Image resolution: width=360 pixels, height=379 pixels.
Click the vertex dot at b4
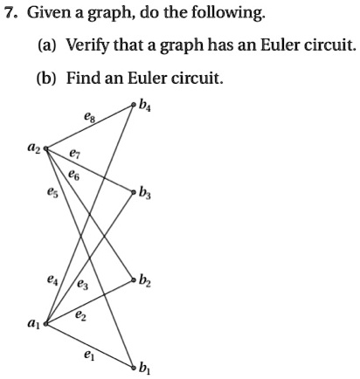(134, 105)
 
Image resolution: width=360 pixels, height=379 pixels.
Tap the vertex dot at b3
(134, 192)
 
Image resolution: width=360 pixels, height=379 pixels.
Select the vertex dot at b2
(134, 280)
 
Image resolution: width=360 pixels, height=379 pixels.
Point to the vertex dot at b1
(134, 368)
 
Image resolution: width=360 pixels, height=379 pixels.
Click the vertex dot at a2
(45, 148)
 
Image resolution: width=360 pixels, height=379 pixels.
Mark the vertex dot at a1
(45, 323)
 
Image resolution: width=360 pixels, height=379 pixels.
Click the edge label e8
(89, 118)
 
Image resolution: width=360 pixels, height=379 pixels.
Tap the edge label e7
(74, 154)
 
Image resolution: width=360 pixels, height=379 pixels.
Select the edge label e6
(74, 176)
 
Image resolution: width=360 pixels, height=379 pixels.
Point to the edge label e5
(52, 192)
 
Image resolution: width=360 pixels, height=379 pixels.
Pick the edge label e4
(52, 280)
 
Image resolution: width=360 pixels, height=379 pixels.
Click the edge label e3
(82, 285)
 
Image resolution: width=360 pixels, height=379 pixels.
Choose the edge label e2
(80, 315)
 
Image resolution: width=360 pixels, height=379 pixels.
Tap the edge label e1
(89, 355)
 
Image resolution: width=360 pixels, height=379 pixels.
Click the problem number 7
(10, 13)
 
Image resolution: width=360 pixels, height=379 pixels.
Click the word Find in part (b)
(83, 78)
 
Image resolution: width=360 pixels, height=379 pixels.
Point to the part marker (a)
(47, 46)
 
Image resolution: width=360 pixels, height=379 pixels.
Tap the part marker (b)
(46, 79)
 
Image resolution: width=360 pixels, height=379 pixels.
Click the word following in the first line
(228, 13)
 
